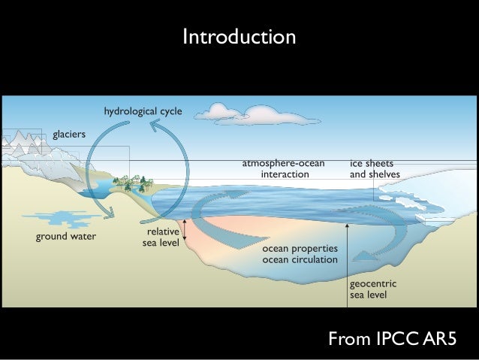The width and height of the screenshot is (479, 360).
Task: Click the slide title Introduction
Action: click(x=239, y=36)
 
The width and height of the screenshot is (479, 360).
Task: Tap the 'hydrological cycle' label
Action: click(x=143, y=112)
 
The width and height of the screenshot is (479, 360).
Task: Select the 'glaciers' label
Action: click(x=68, y=135)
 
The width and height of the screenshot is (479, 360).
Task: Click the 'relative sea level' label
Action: click(x=161, y=237)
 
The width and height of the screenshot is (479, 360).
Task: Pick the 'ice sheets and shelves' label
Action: click(x=375, y=168)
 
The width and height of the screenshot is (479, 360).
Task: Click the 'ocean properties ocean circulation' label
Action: click(x=300, y=253)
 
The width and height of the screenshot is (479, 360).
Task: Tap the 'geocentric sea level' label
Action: click(x=373, y=289)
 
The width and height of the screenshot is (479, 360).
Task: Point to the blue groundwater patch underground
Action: click(x=56, y=220)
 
